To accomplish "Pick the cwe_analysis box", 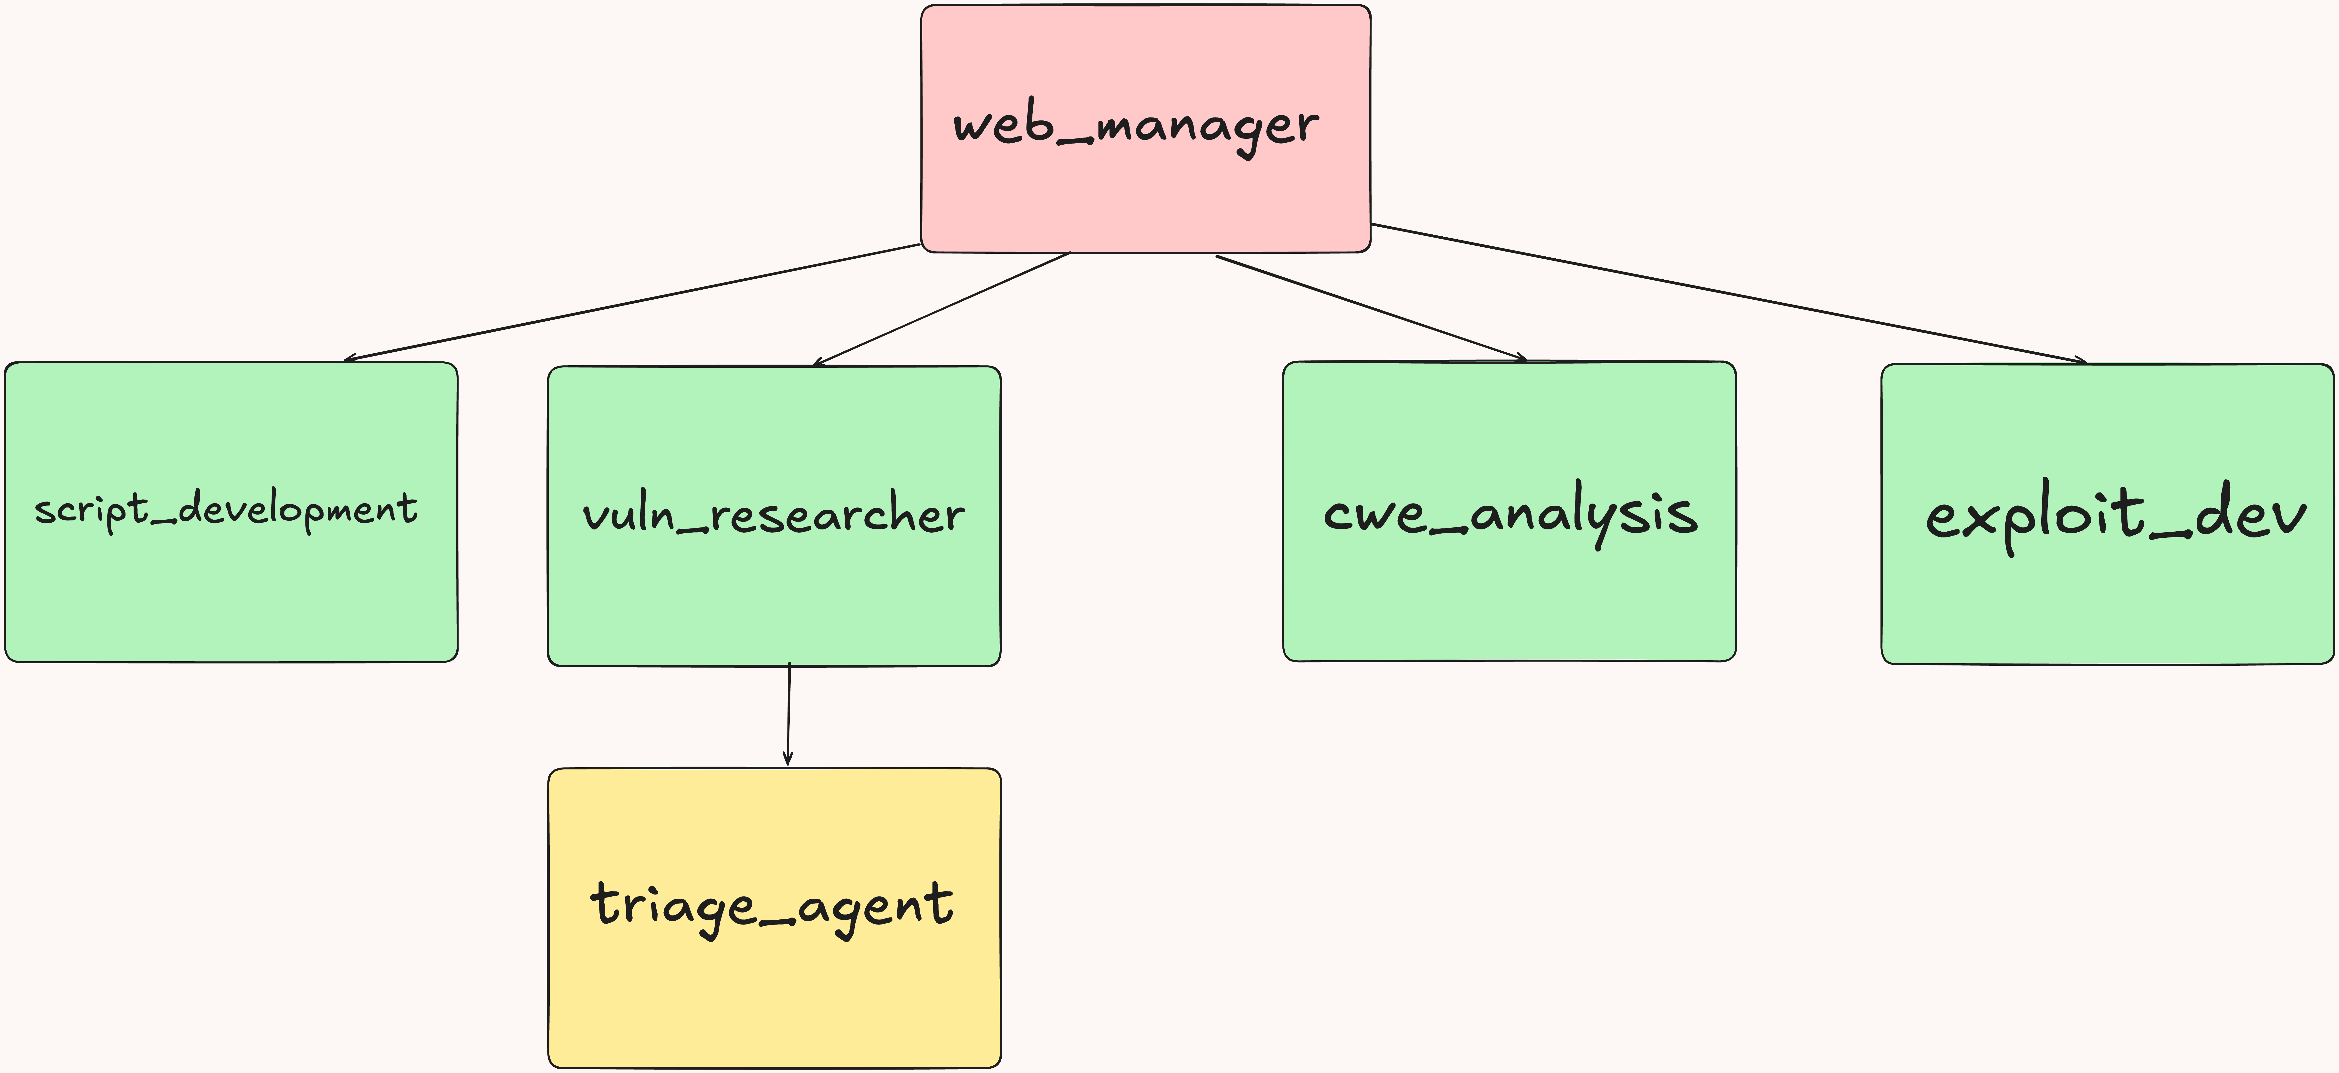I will click(x=1509, y=599).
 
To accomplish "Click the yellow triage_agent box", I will click(x=774, y=999).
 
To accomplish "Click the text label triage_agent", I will click(x=772, y=906).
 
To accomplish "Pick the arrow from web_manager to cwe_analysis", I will click(x=1371, y=308).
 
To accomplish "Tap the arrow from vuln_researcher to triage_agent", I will click(x=788, y=715).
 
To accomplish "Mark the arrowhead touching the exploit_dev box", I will click(x=2079, y=360).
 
